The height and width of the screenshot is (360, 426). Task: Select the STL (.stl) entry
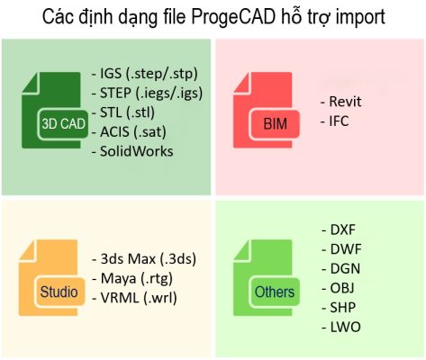point(131,112)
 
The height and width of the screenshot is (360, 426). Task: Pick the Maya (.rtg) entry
point(138,277)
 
